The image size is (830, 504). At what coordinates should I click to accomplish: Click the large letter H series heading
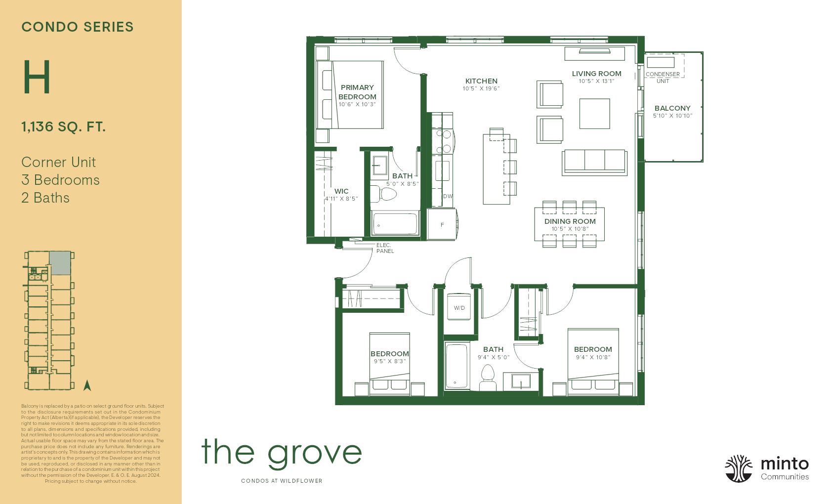click(x=37, y=78)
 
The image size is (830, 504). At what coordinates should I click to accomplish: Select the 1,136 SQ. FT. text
click(x=63, y=127)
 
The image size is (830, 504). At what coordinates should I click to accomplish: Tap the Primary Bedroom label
click(x=357, y=92)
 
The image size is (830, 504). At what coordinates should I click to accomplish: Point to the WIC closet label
click(x=341, y=191)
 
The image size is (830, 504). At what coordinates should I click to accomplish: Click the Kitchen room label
click(x=481, y=81)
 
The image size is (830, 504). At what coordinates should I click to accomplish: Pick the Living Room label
click(x=596, y=74)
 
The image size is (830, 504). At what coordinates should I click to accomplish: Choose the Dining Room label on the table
click(x=570, y=221)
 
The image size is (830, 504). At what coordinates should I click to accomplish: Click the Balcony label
click(x=672, y=108)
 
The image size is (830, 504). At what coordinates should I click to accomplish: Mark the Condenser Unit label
click(x=663, y=77)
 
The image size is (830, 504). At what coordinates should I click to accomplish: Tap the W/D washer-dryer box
click(x=459, y=308)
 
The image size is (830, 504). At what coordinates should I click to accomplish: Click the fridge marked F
click(x=442, y=225)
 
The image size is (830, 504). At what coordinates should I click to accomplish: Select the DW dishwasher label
click(x=448, y=196)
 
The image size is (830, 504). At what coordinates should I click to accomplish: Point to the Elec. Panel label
click(x=384, y=248)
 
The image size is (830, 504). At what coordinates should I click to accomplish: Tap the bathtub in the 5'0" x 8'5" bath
click(x=395, y=224)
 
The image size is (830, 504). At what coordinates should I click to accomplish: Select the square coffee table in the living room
click(x=594, y=114)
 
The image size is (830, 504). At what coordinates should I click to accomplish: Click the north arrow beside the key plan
click(x=87, y=385)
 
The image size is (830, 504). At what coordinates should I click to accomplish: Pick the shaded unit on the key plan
click(x=60, y=263)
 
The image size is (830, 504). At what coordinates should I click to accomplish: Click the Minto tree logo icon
click(x=739, y=468)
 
